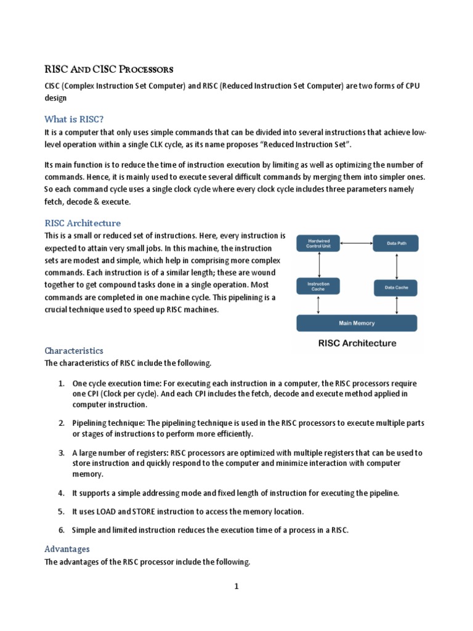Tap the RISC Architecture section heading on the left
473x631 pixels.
pyautogui.click(x=83, y=223)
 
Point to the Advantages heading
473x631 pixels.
pyautogui.click(x=67, y=548)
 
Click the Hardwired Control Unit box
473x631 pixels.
pyautogui.click(x=318, y=243)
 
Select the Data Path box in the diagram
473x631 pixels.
pyautogui.click(x=395, y=243)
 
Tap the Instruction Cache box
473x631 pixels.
pyautogui.click(x=318, y=287)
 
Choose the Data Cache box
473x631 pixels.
pyautogui.click(x=395, y=287)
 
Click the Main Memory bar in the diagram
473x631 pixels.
pyautogui.click(x=357, y=323)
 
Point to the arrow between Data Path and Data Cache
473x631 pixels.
pyautogui.click(x=396, y=265)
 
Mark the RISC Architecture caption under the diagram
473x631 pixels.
pyautogui.click(x=357, y=343)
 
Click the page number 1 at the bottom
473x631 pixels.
pyautogui.click(x=236, y=587)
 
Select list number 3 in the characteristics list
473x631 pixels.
pyautogui.click(x=62, y=453)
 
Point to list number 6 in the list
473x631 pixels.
pyautogui.click(x=62, y=530)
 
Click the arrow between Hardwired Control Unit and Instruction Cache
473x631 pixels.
pyautogui.click(x=318, y=265)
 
